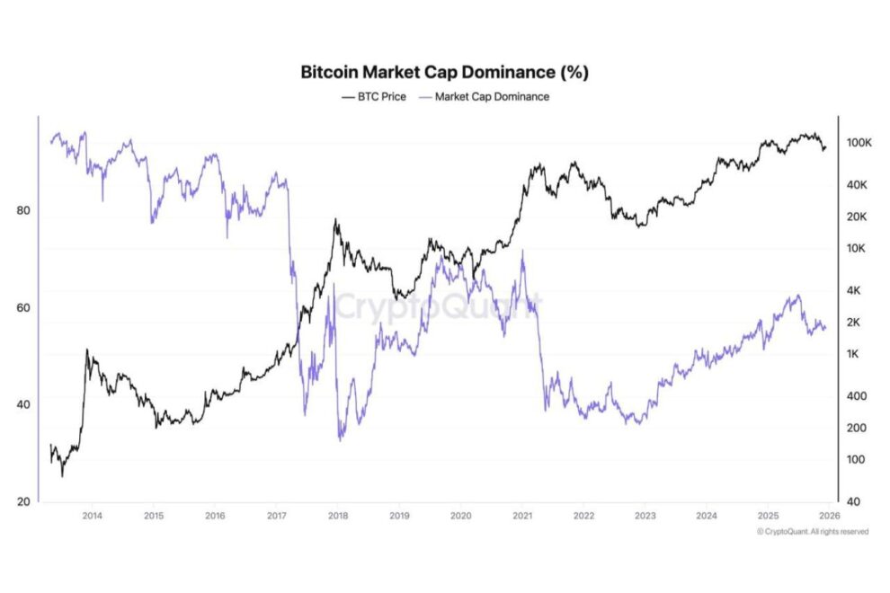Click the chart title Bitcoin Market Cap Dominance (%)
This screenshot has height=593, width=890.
coord(444,72)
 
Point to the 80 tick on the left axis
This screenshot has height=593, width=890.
coord(24,210)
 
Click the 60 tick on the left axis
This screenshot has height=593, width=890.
coord(24,307)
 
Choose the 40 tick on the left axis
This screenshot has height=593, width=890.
coord(24,404)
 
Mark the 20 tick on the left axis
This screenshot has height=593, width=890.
coord(24,501)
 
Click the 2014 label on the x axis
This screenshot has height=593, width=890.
coord(91,516)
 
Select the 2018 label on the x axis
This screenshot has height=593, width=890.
coord(338,516)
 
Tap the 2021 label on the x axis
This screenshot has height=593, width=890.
coord(522,516)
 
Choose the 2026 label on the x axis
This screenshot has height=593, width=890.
coord(829,516)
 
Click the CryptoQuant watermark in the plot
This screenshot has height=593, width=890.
coord(438,306)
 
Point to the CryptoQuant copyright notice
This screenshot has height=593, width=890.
coord(813,532)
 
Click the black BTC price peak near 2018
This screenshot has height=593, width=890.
coord(336,219)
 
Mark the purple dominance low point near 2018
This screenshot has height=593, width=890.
coord(340,439)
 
